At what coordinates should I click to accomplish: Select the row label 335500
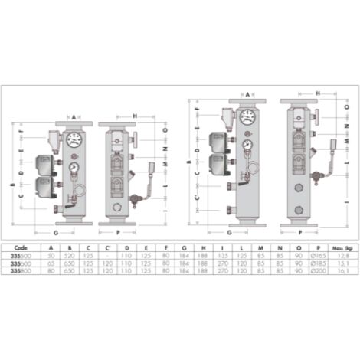pyautogui.click(x=21, y=256)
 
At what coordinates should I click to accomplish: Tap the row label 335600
pyautogui.click(x=21, y=263)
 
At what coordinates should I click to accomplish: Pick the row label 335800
pyautogui.click(x=21, y=270)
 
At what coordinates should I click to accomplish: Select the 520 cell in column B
pyautogui.click(x=71, y=256)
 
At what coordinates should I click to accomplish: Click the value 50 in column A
pyautogui.click(x=51, y=256)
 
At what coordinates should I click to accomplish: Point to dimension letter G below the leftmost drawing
pyautogui.click(x=57, y=230)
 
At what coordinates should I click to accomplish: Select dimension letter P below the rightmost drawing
pyautogui.click(x=299, y=230)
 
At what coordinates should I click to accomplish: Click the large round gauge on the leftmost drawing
pyautogui.click(x=74, y=139)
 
